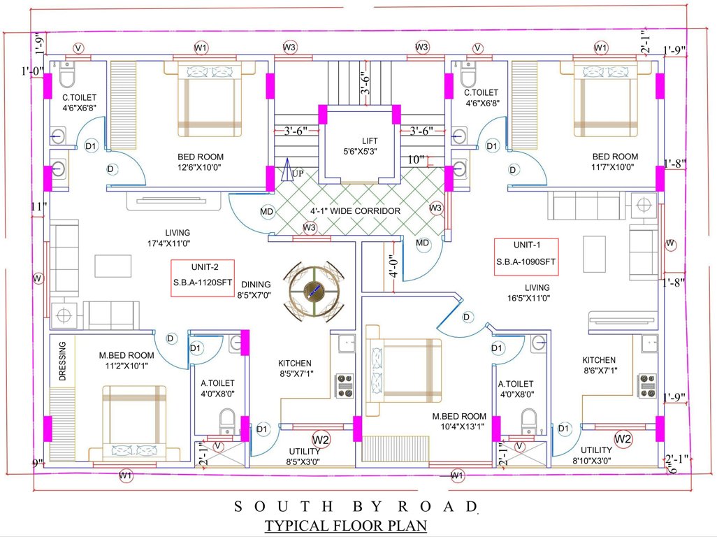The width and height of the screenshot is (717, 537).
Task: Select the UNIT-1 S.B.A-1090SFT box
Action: pyautogui.click(x=526, y=255)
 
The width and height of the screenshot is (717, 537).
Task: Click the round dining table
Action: pyautogui.click(x=316, y=290)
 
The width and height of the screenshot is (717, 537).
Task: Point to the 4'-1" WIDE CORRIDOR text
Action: pyautogui.click(x=355, y=210)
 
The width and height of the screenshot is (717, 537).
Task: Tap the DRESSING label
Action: pyautogui.click(x=62, y=361)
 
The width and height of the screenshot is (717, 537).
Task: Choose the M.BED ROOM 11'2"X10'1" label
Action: pyautogui.click(x=126, y=360)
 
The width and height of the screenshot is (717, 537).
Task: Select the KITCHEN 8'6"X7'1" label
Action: pyautogui.click(x=599, y=365)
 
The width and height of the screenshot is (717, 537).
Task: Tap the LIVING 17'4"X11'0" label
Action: pyautogui.click(x=178, y=238)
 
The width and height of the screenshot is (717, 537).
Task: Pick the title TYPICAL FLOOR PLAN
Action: pyautogui.click(x=345, y=524)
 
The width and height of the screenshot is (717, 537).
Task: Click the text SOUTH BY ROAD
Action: pyautogui.click(x=356, y=506)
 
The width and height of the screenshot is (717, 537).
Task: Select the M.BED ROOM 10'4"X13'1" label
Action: pyautogui.click(x=458, y=422)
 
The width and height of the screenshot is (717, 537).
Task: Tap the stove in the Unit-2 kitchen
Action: pyautogui.click(x=345, y=385)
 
